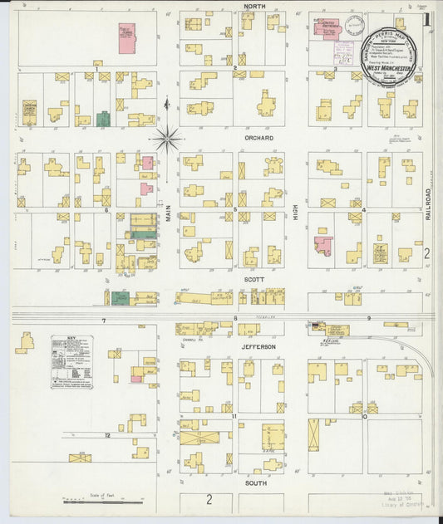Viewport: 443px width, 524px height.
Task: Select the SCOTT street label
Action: [x=253, y=280]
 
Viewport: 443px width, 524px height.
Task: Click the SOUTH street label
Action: [x=254, y=482]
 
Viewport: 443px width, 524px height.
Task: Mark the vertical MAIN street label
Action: [x=166, y=213]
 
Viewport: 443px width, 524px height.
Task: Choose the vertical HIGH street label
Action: [x=295, y=214]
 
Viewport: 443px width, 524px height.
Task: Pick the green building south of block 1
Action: [x=103, y=119]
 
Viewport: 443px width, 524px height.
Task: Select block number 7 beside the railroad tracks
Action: [x=104, y=321]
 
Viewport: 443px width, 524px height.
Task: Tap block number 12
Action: [x=107, y=435]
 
